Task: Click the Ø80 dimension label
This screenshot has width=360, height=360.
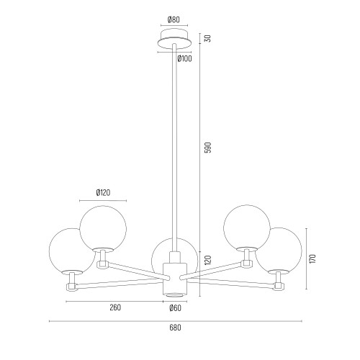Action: coord(174,19)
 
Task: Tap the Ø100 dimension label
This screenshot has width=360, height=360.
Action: coord(185,58)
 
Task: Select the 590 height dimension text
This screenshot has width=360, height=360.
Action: coord(208,148)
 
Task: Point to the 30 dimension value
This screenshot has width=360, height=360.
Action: coord(208,38)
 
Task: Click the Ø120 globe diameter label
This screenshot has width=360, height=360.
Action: coord(103,192)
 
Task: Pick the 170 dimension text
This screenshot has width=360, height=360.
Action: coord(312,259)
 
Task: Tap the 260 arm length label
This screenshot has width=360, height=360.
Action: coord(115,307)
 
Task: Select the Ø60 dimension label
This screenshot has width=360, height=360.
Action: coord(175,308)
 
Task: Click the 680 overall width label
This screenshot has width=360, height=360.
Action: coord(175,328)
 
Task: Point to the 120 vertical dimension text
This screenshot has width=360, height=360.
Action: coord(208,260)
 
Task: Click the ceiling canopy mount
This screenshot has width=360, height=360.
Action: coord(174,38)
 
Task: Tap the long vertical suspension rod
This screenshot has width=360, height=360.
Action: coord(174,148)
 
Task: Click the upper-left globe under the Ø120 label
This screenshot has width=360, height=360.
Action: coord(103,228)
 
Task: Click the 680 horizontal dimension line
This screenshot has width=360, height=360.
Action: coord(176,321)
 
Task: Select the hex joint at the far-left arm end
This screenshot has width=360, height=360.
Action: coord(71,287)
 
